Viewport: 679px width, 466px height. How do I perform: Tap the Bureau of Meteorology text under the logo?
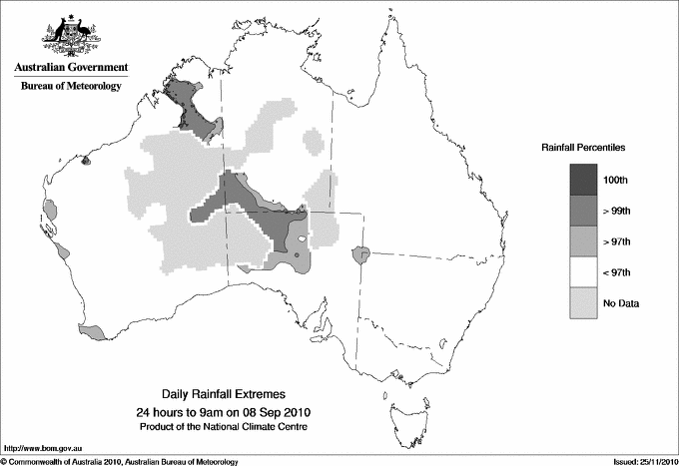click(71, 86)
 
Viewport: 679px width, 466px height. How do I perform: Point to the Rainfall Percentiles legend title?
click(583, 147)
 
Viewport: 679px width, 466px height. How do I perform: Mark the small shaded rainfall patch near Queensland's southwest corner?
click(361, 255)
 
